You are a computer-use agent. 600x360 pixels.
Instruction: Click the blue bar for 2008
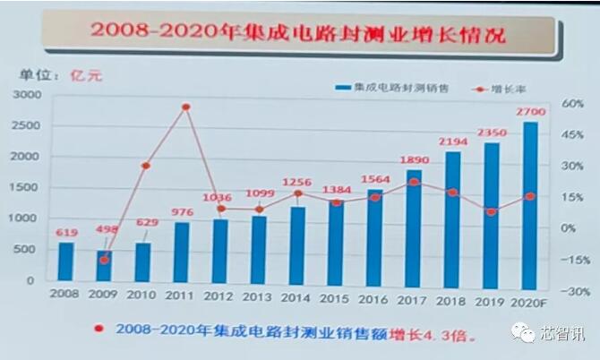pyautogui.click(x=66, y=261)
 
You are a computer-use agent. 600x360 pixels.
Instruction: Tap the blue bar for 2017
pyautogui.click(x=414, y=226)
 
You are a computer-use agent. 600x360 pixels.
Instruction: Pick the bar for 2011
pyautogui.click(x=182, y=252)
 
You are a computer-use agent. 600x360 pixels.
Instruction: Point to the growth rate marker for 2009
pyautogui.click(x=105, y=260)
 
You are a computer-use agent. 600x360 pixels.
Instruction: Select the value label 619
pyautogui.click(x=66, y=233)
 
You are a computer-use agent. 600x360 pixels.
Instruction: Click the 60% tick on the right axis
pyautogui.click(x=573, y=103)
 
